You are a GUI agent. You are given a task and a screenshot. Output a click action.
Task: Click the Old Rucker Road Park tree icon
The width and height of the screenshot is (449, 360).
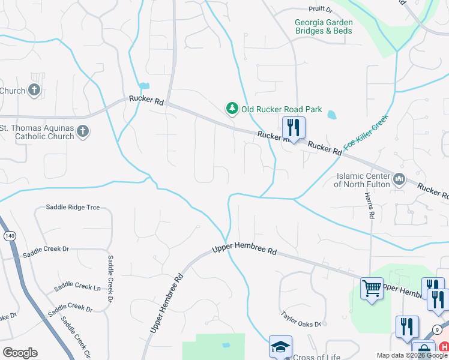(x=232, y=109)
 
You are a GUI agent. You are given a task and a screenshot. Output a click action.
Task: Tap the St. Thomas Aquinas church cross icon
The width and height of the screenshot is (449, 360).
(x=83, y=131)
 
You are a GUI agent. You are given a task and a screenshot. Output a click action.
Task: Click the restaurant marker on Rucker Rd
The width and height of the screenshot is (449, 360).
(x=294, y=128)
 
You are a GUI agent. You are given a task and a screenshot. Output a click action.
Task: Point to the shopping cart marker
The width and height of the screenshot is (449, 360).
(x=372, y=288)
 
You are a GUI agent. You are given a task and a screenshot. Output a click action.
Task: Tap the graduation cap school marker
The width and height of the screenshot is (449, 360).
(x=280, y=347)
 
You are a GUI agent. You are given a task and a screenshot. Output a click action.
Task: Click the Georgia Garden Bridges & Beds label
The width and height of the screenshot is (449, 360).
(x=324, y=26)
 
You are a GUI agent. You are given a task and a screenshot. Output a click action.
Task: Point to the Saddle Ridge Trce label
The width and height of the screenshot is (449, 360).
(x=73, y=208)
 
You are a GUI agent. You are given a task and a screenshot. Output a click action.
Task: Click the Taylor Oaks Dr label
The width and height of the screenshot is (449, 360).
(x=301, y=319)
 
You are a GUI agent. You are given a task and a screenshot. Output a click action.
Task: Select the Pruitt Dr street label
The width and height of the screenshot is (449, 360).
(x=320, y=9)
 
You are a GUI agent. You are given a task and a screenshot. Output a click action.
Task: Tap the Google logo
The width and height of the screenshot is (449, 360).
(x=20, y=353)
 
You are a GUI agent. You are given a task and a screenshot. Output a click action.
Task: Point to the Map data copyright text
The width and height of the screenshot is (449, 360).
(x=412, y=355)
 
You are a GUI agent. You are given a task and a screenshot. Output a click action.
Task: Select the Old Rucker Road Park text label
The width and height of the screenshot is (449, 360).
(x=282, y=109)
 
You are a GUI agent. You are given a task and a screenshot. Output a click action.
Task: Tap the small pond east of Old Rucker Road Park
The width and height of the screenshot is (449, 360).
(x=331, y=114)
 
